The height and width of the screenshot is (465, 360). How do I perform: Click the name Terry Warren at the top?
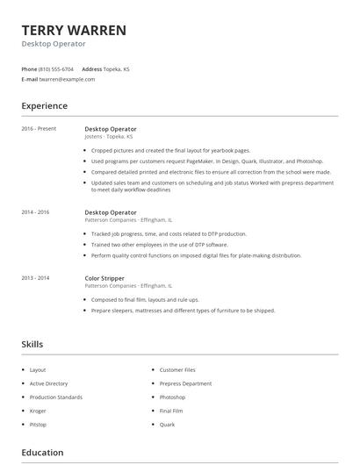click(x=74, y=30)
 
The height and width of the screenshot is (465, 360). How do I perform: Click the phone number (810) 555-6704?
click(x=57, y=68)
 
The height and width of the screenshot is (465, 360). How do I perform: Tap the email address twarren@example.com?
click(x=67, y=79)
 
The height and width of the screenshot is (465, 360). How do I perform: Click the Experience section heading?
click(x=45, y=106)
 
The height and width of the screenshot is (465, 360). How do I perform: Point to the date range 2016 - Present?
click(x=39, y=129)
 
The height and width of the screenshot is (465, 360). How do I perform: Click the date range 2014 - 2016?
click(x=35, y=212)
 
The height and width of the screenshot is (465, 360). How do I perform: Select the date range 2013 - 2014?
click(x=35, y=278)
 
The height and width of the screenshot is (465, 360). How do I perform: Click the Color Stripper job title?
click(x=105, y=278)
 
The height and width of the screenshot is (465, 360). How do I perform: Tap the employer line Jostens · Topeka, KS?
click(x=109, y=137)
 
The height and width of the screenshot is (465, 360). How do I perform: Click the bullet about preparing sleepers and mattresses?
click(x=183, y=311)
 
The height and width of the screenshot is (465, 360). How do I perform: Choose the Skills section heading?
click(x=32, y=345)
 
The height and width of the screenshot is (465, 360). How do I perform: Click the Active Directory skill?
click(x=48, y=383)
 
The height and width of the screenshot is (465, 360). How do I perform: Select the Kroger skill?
click(x=37, y=411)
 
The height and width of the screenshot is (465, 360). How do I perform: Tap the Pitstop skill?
click(x=38, y=424)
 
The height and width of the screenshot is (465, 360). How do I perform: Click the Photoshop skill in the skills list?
click(x=172, y=397)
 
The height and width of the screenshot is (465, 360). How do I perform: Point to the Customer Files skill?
click(x=177, y=370)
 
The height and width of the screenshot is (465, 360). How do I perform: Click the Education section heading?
click(x=42, y=453)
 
